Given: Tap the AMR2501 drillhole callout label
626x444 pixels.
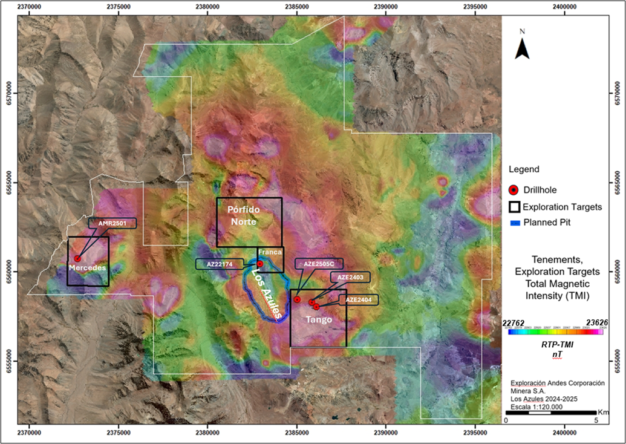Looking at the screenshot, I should (112, 223).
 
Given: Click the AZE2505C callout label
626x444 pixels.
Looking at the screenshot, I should (319, 264).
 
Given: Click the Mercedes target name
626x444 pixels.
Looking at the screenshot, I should (87, 267).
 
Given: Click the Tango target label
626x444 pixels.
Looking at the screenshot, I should (318, 319).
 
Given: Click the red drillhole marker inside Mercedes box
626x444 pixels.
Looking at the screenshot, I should (77, 258).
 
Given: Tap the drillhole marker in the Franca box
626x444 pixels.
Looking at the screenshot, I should (260, 264).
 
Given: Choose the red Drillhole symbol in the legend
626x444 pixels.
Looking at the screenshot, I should (515, 190).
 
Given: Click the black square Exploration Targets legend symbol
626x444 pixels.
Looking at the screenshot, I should (515, 207).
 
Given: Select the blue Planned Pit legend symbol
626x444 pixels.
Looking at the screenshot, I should (515, 223).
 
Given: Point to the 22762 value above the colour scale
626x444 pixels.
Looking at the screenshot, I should (514, 323).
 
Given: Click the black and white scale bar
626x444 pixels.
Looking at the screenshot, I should (551, 413).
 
